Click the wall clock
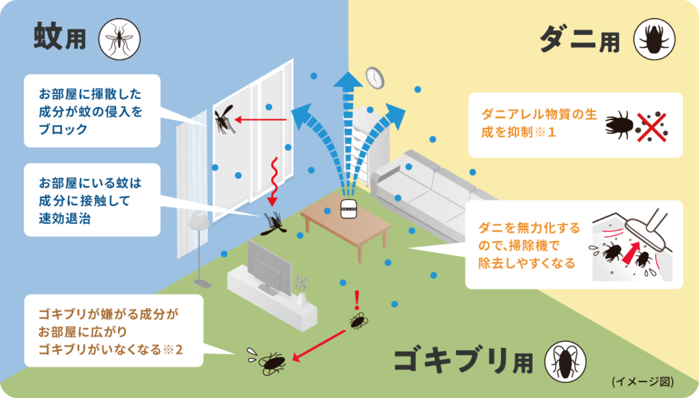pos(375,78)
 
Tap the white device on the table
pos(348,209)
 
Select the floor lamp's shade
pos(199,221)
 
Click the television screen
pos(269,265)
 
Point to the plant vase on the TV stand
pos(302,298)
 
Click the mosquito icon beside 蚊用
pos(119,39)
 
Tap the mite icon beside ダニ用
pos(654,39)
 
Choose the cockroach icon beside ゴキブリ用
pos(565,361)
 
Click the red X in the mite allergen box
pos(651,127)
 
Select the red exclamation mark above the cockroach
pos(356,300)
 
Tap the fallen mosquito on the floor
pos(274,224)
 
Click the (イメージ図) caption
pos(643,382)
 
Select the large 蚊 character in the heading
pos(48,37)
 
